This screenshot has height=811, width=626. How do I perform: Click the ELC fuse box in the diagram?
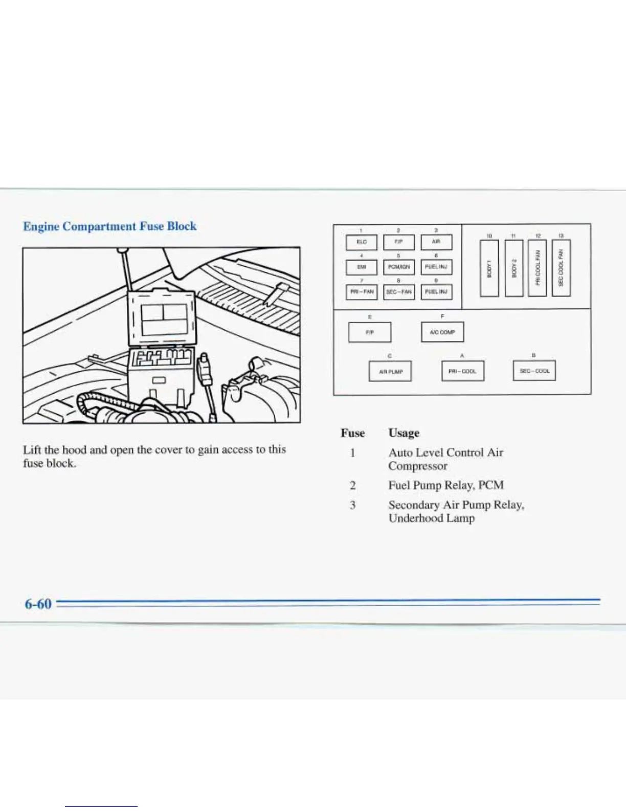(x=362, y=242)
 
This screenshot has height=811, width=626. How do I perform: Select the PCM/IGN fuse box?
(x=399, y=267)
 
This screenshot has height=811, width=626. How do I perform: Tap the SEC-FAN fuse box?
(x=399, y=292)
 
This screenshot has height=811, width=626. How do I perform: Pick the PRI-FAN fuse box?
(x=362, y=292)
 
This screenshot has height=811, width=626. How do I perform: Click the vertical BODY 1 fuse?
(x=489, y=268)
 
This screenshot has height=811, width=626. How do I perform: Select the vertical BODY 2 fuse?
(x=513, y=268)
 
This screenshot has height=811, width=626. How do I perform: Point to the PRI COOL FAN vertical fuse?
(x=537, y=268)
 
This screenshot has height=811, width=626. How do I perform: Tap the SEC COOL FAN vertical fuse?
(x=561, y=268)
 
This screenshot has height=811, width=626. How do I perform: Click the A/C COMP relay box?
(x=442, y=332)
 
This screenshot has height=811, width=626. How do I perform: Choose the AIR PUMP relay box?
(x=390, y=372)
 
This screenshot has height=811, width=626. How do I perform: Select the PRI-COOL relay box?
(x=462, y=372)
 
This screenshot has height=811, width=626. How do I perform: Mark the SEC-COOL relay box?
(x=534, y=371)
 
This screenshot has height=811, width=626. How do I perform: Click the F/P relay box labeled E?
(x=370, y=332)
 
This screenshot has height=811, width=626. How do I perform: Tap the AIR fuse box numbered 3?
(x=436, y=242)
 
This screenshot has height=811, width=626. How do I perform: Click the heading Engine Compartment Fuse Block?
(x=109, y=226)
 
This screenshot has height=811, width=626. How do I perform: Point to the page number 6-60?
(x=38, y=604)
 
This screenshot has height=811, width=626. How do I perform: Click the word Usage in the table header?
(x=404, y=433)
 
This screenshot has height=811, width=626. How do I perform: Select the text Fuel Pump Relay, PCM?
(x=446, y=485)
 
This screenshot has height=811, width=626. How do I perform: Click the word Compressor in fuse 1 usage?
(x=417, y=466)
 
